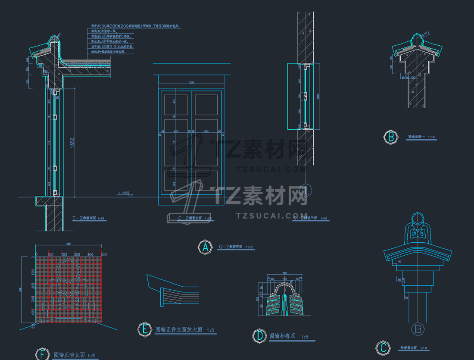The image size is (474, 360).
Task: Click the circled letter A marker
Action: coord(205,247)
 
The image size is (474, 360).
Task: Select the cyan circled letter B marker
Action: coord(391,138)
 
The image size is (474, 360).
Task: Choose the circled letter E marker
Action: coord(144,330)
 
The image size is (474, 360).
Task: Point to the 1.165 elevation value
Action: coord(123,194)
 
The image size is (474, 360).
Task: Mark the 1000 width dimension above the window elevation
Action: coord(190,82)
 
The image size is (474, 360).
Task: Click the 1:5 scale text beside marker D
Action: coord(304,337)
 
